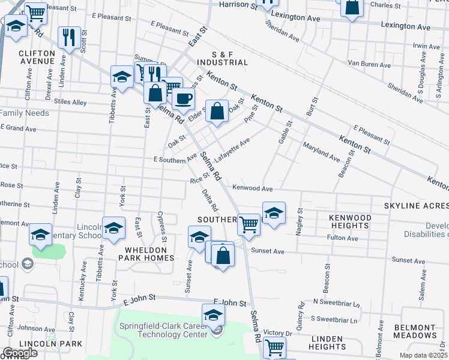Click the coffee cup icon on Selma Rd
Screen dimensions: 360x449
coord(184,97)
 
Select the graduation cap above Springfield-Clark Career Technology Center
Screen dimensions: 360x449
coord(213,314)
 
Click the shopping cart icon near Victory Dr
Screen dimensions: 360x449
coord(274,346)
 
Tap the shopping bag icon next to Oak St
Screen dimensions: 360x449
coord(217,111)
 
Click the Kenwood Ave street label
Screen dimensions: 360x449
coord(257,188)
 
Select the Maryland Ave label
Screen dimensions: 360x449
coord(321,151)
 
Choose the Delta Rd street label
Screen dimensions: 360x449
coord(209,200)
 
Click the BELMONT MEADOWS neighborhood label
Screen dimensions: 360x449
coord(415,331)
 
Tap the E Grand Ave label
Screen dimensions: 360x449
coord(19,128)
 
